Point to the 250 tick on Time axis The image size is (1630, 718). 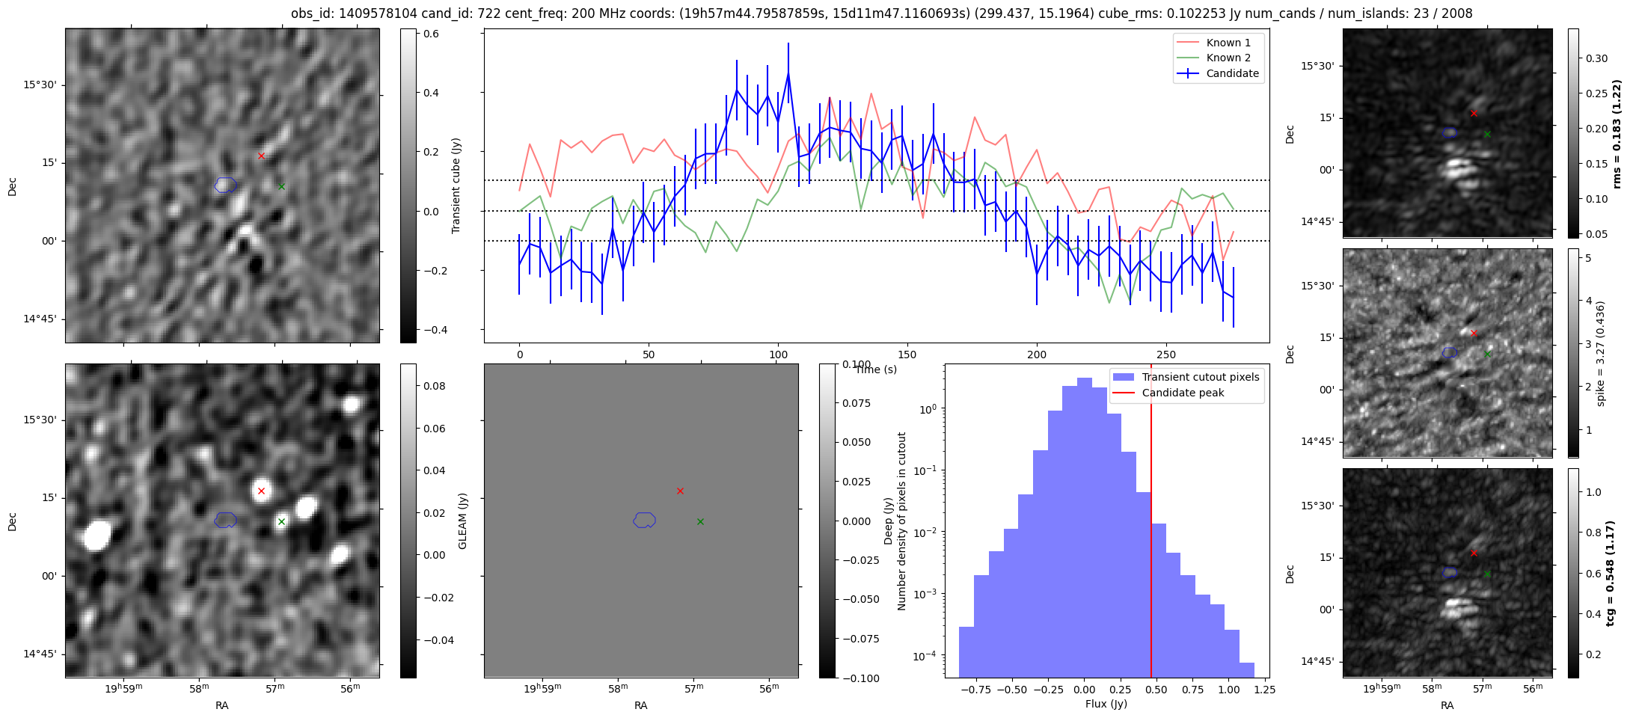pyautogui.click(x=1166, y=354)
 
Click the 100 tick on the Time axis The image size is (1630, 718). pyautogui.click(x=778, y=354)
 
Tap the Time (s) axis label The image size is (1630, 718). pyautogui.click(x=876, y=369)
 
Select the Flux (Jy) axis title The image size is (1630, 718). pyautogui.click(x=1106, y=704)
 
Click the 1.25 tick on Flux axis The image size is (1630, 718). pyautogui.click(x=1263, y=690)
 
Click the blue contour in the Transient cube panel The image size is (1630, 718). pyautogui.click(x=225, y=185)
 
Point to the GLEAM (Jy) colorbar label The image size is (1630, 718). pyautogui.click(x=462, y=521)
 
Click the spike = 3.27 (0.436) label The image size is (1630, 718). pyautogui.click(x=1601, y=353)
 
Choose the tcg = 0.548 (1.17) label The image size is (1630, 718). pyautogui.click(x=1611, y=573)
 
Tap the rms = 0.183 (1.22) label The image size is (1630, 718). pyautogui.click(x=1616, y=133)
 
